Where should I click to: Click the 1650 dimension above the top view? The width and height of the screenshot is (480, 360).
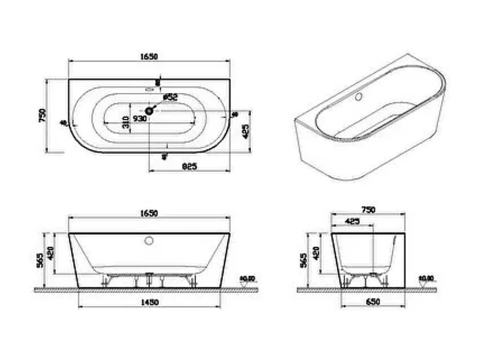click(x=149, y=56)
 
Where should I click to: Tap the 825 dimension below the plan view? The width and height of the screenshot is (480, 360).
click(x=190, y=166)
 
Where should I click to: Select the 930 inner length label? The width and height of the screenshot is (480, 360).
click(x=139, y=118)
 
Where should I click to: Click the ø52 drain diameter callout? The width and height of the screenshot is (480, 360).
click(x=170, y=97)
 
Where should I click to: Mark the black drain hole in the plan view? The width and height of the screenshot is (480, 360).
click(x=149, y=111)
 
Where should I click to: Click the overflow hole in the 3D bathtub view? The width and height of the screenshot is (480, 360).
click(x=358, y=97)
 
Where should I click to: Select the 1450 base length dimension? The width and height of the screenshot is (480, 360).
click(x=149, y=302)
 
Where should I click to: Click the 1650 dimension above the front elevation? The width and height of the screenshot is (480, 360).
click(x=149, y=213)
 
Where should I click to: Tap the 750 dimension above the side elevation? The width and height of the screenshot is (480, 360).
click(x=368, y=209)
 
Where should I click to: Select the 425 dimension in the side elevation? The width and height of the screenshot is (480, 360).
click(x=352, y=221)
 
